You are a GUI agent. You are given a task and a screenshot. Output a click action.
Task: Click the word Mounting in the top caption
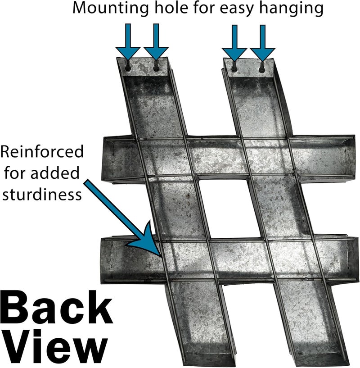pyautogui.click(x=110, y=9)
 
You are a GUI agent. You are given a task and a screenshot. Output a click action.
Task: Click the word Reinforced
pyautogui.click(x=42, y=151)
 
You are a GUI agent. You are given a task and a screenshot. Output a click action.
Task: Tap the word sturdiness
pyautogui.click(x=42, y=194)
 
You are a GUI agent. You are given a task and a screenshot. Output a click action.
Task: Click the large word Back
pyautogui.click(x=56, y=308)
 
